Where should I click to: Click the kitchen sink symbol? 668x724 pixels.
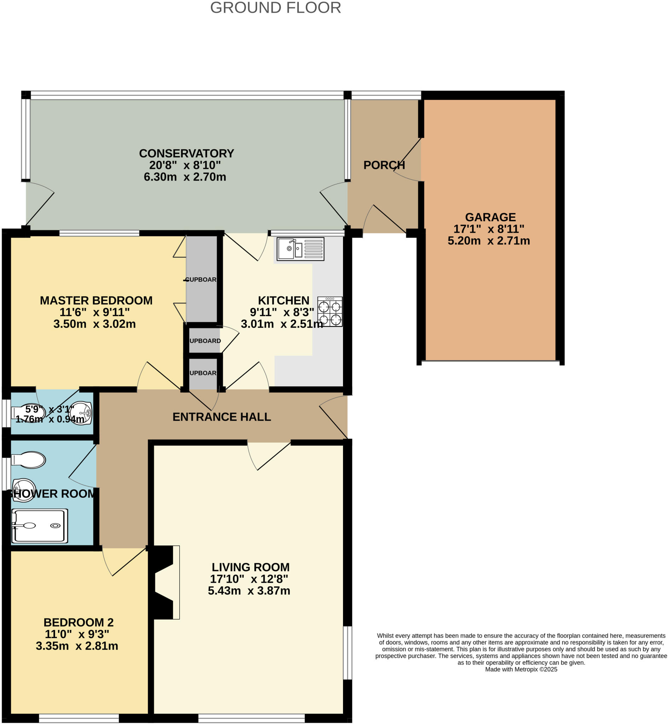[x=300, y=249]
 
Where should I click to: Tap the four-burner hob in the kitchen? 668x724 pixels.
[x=330, y=311]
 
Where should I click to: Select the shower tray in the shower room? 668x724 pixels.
[x=39, y=526]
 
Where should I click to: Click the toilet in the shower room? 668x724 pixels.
[x=29, y=460]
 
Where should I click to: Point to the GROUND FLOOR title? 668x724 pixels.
[x=275, y=8]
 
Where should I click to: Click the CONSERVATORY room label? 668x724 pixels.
[x=186, y=153]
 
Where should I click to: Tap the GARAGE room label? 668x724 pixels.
[x=490, y=217]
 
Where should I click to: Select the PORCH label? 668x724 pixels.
[x=384, y=165]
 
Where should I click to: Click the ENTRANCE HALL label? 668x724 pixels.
[x=222, y=417]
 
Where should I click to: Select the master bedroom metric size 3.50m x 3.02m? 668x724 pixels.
[x=94, y=324]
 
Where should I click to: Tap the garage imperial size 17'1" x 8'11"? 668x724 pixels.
[x=489, y=229]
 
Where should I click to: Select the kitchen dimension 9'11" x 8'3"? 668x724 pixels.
[x=282, y=312]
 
